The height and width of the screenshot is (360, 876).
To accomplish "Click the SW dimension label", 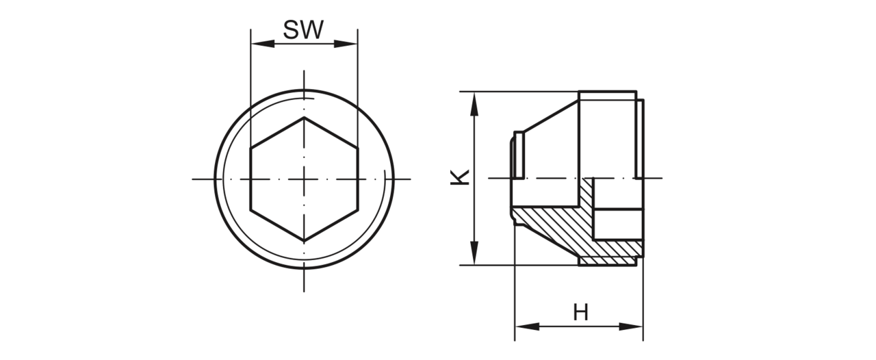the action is tap(303, 29).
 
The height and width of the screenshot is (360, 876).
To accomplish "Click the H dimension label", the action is tap(581, 313).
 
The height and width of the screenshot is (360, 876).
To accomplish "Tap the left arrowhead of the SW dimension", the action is tap(263, 44).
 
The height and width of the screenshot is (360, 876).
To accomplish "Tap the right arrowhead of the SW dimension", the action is tap(346, 44).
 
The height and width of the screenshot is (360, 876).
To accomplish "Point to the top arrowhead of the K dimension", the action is tap(474, 104).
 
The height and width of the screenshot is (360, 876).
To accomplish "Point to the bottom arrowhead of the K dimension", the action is tap(474, 253).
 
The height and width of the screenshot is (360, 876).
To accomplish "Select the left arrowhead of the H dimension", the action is tap(527, 326).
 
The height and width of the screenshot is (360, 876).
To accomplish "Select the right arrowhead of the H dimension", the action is tap(631, 326).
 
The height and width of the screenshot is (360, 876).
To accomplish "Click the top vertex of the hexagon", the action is tap(305, 118).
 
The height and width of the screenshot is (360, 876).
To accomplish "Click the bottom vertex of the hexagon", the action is tap(305, 241).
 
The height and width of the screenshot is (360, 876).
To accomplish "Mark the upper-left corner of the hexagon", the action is tap(251, 149).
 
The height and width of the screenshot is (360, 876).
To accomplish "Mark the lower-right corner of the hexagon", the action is tap(358, 210).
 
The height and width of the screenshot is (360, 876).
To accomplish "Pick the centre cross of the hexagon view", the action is tap(305, 179).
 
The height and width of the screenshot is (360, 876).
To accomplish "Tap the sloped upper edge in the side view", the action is tap(552, 116).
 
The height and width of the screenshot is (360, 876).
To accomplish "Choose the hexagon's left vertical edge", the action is tap(251, 179).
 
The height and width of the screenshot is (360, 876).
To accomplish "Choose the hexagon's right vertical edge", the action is tap(358, 179).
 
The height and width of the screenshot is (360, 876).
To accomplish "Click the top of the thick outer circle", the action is tap(305, 90).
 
